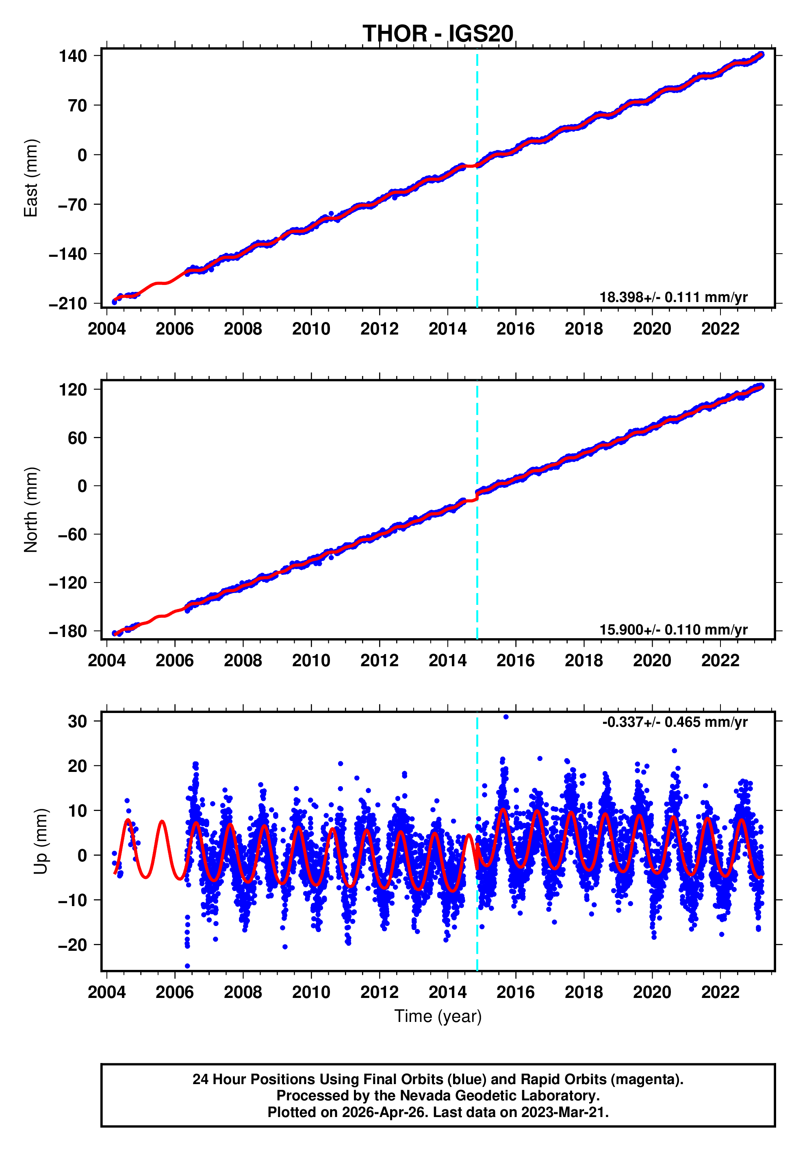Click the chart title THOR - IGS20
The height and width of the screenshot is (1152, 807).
click(438, 34)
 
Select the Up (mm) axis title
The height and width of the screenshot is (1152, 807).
click(41, 841)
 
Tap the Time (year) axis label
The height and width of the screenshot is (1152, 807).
click(438, 1016)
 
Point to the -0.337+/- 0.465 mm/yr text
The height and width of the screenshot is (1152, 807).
click(675, 722)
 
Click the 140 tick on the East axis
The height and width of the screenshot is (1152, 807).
click(73, 56)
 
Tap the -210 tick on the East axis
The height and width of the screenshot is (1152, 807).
click(68, 304)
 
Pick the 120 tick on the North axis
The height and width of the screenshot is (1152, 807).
click(73, 389)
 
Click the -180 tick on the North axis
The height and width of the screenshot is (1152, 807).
click(68, 631)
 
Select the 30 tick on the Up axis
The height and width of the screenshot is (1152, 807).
click(78, 722)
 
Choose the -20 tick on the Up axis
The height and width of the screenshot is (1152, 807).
click(73, 945)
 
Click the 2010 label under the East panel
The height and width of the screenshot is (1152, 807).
click(311, 329)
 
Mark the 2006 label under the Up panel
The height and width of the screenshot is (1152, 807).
click(175, 992)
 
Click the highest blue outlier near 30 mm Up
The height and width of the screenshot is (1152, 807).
click(505, 717)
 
